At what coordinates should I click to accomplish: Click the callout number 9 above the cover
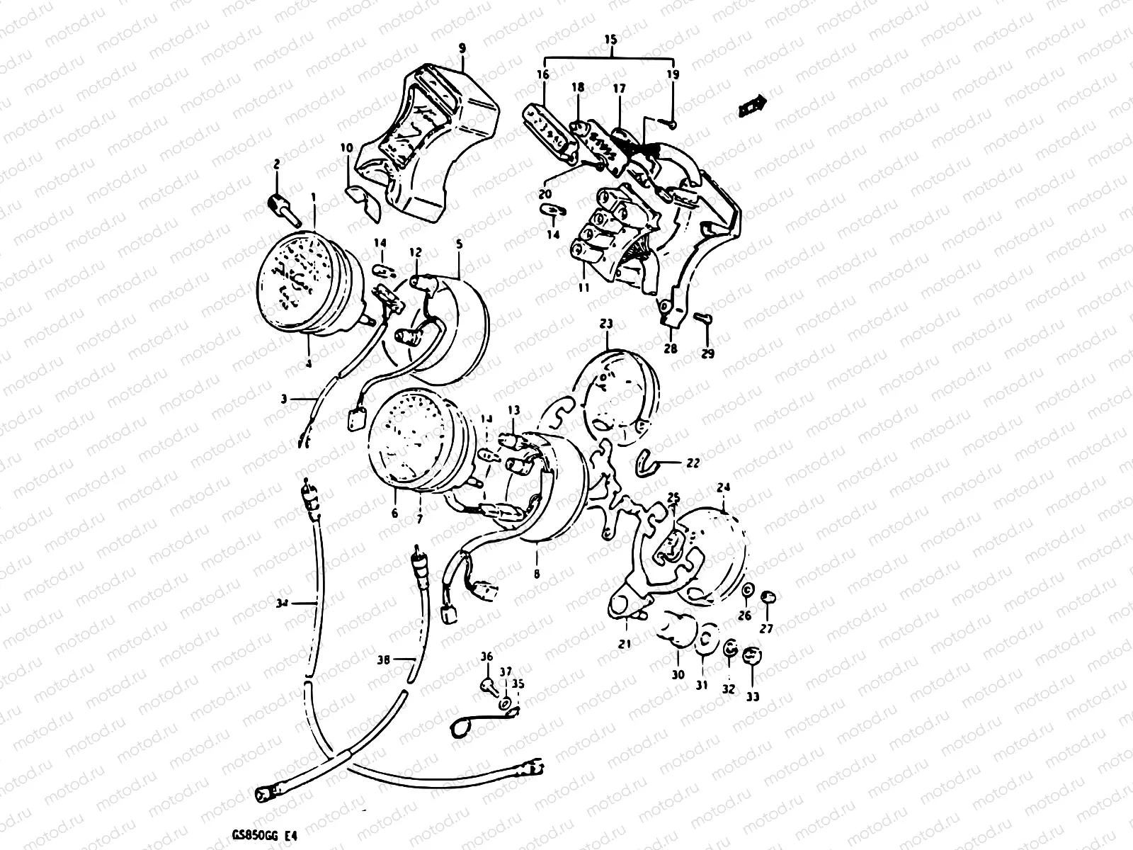pos(462,49)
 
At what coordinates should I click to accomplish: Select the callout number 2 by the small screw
pos(276,164)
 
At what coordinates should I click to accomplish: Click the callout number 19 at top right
pos(672,74)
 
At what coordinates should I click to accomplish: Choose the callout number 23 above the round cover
pos(607,324)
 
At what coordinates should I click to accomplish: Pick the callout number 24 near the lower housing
pos(723,487)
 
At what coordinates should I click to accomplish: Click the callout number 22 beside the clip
pos(693,463)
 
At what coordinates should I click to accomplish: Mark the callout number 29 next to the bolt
pos(708,353)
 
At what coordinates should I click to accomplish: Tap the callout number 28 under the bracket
pos(671,348)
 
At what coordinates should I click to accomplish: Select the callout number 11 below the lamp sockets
pos(584,288)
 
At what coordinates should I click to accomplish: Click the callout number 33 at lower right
pos(753,696)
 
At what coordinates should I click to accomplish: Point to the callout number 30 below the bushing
pos(678,675)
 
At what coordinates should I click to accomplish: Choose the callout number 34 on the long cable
pos(283,603)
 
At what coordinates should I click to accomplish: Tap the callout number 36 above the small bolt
pos(486,656)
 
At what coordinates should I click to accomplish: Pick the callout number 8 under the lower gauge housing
pos(536,574)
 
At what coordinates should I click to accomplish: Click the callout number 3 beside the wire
pos(283,399)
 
